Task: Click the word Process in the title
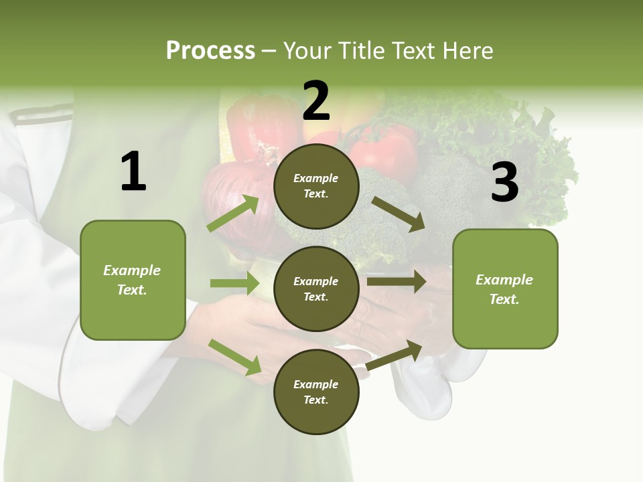210,50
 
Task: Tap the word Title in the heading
360,50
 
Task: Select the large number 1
133,172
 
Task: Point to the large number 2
316,101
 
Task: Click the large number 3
504,183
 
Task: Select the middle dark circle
316,289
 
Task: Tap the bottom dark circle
316,392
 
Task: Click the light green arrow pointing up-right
234,213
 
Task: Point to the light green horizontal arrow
234,283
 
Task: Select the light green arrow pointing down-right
235,356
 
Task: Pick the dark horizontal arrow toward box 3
397,281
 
